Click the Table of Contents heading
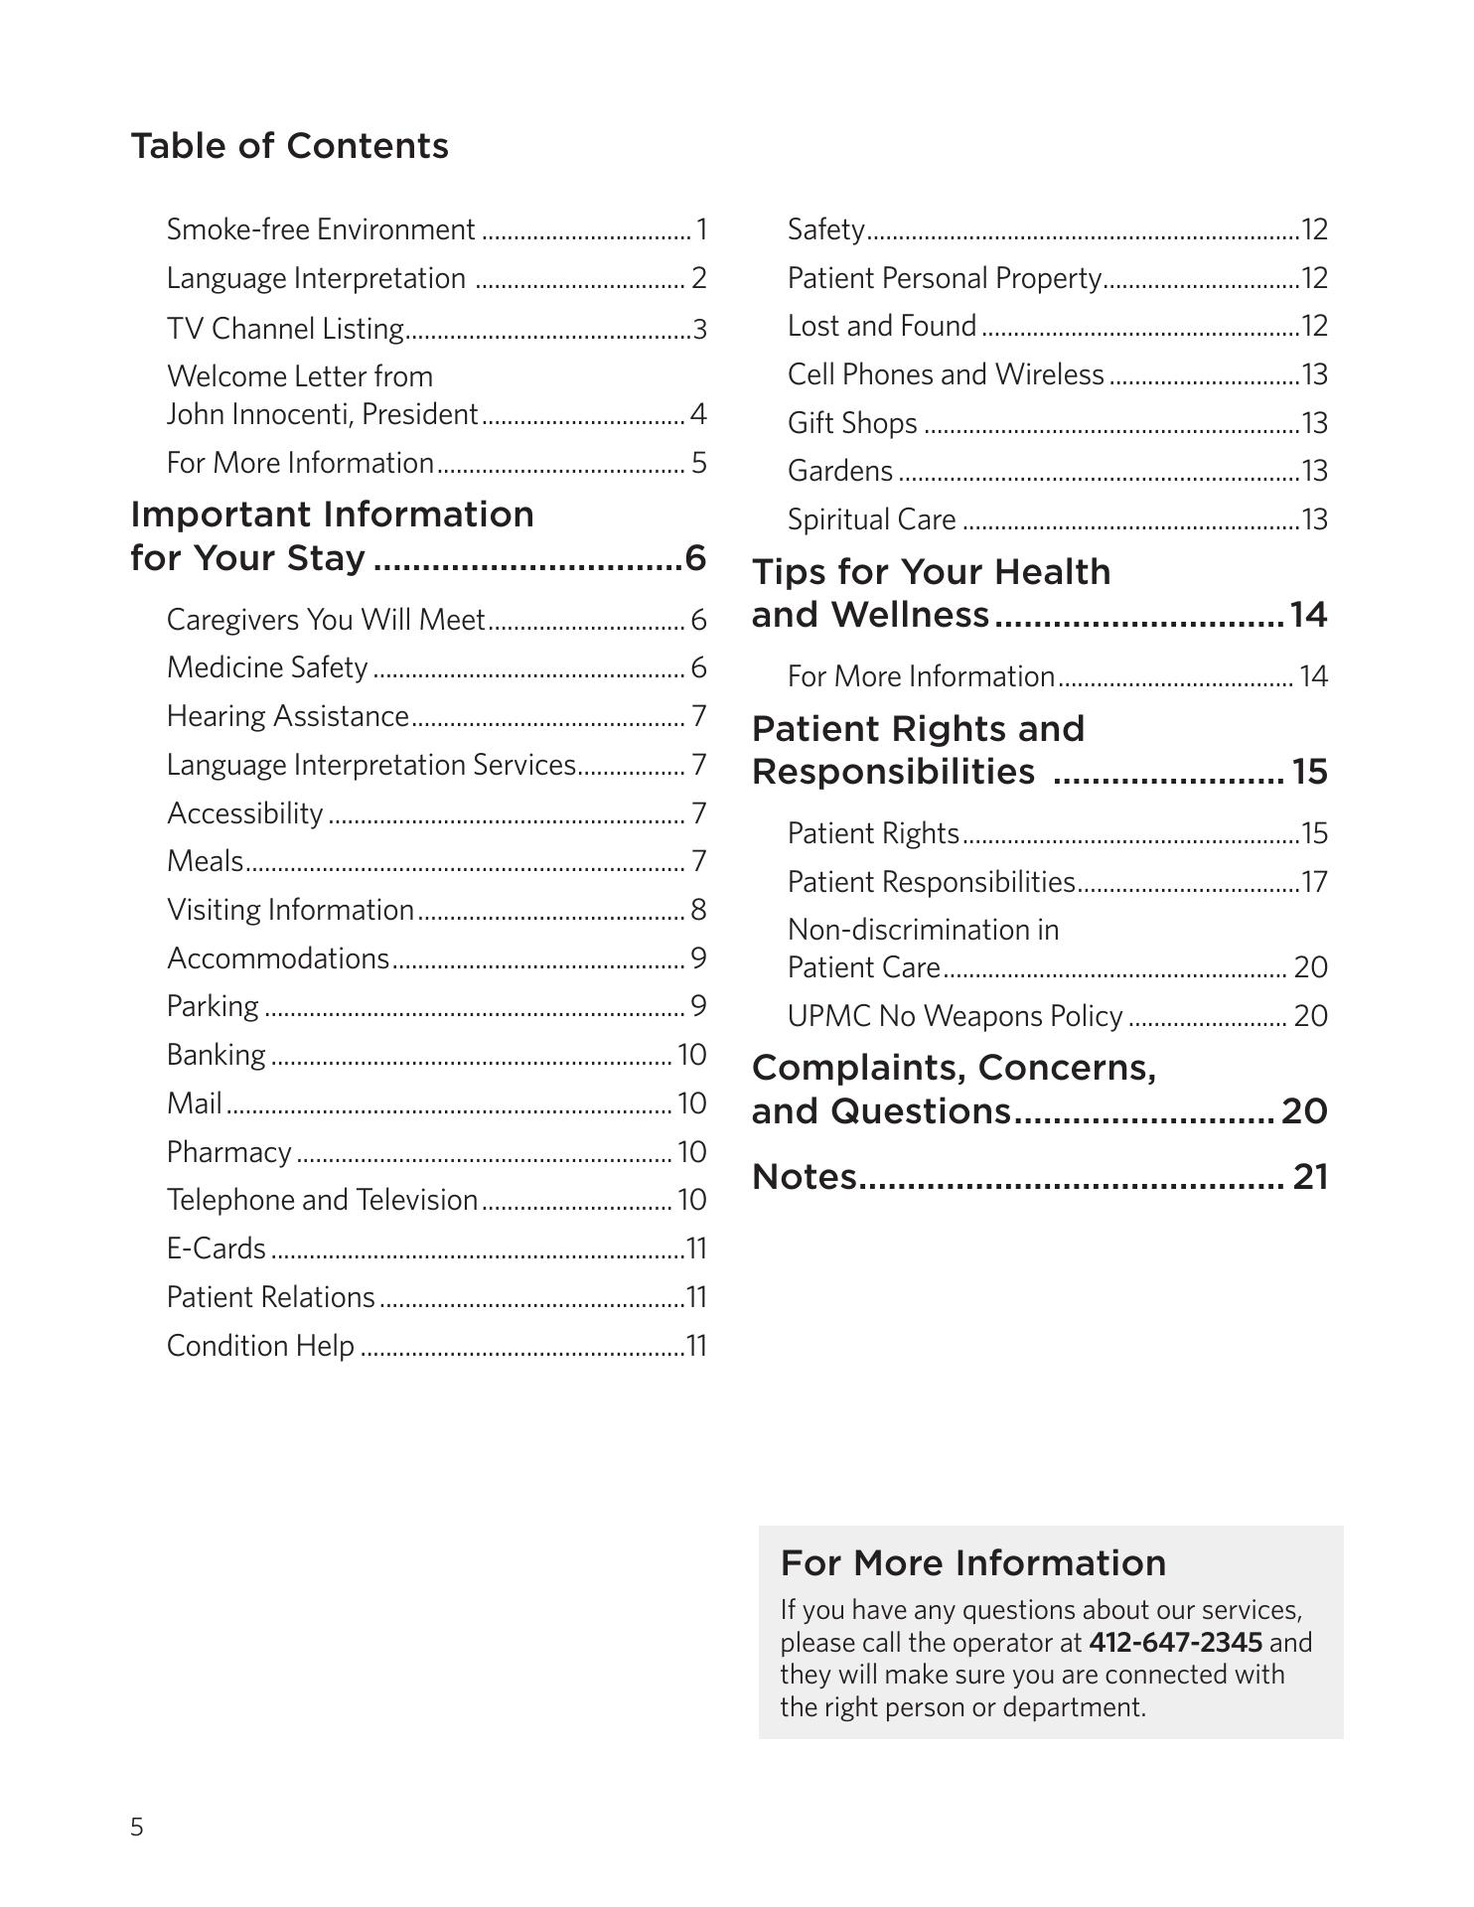tap(289, 146)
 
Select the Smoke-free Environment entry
tap(320, 229)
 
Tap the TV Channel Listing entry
tap(285, 328)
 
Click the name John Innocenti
tap(257, 414)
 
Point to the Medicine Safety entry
tap(267, 667)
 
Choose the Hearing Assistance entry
tap(288, 716)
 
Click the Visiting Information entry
tap(290, 910)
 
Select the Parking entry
tap(213, 1006)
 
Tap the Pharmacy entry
tap(229, 1152)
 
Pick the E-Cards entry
tap(217, 1248)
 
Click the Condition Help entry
tap(260, 1346)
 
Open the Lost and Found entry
tap(882, 326)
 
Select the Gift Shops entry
tap(852, 423)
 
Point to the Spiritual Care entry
tap(871, 519)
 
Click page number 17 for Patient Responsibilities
tap(1314, 882)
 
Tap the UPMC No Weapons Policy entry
tap(955, 1016)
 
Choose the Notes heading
tap(805, 1177)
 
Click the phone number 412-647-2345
tap(1175, 1642)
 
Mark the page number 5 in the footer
tap(137, 1827)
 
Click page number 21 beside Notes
tap(1310, 1177)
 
